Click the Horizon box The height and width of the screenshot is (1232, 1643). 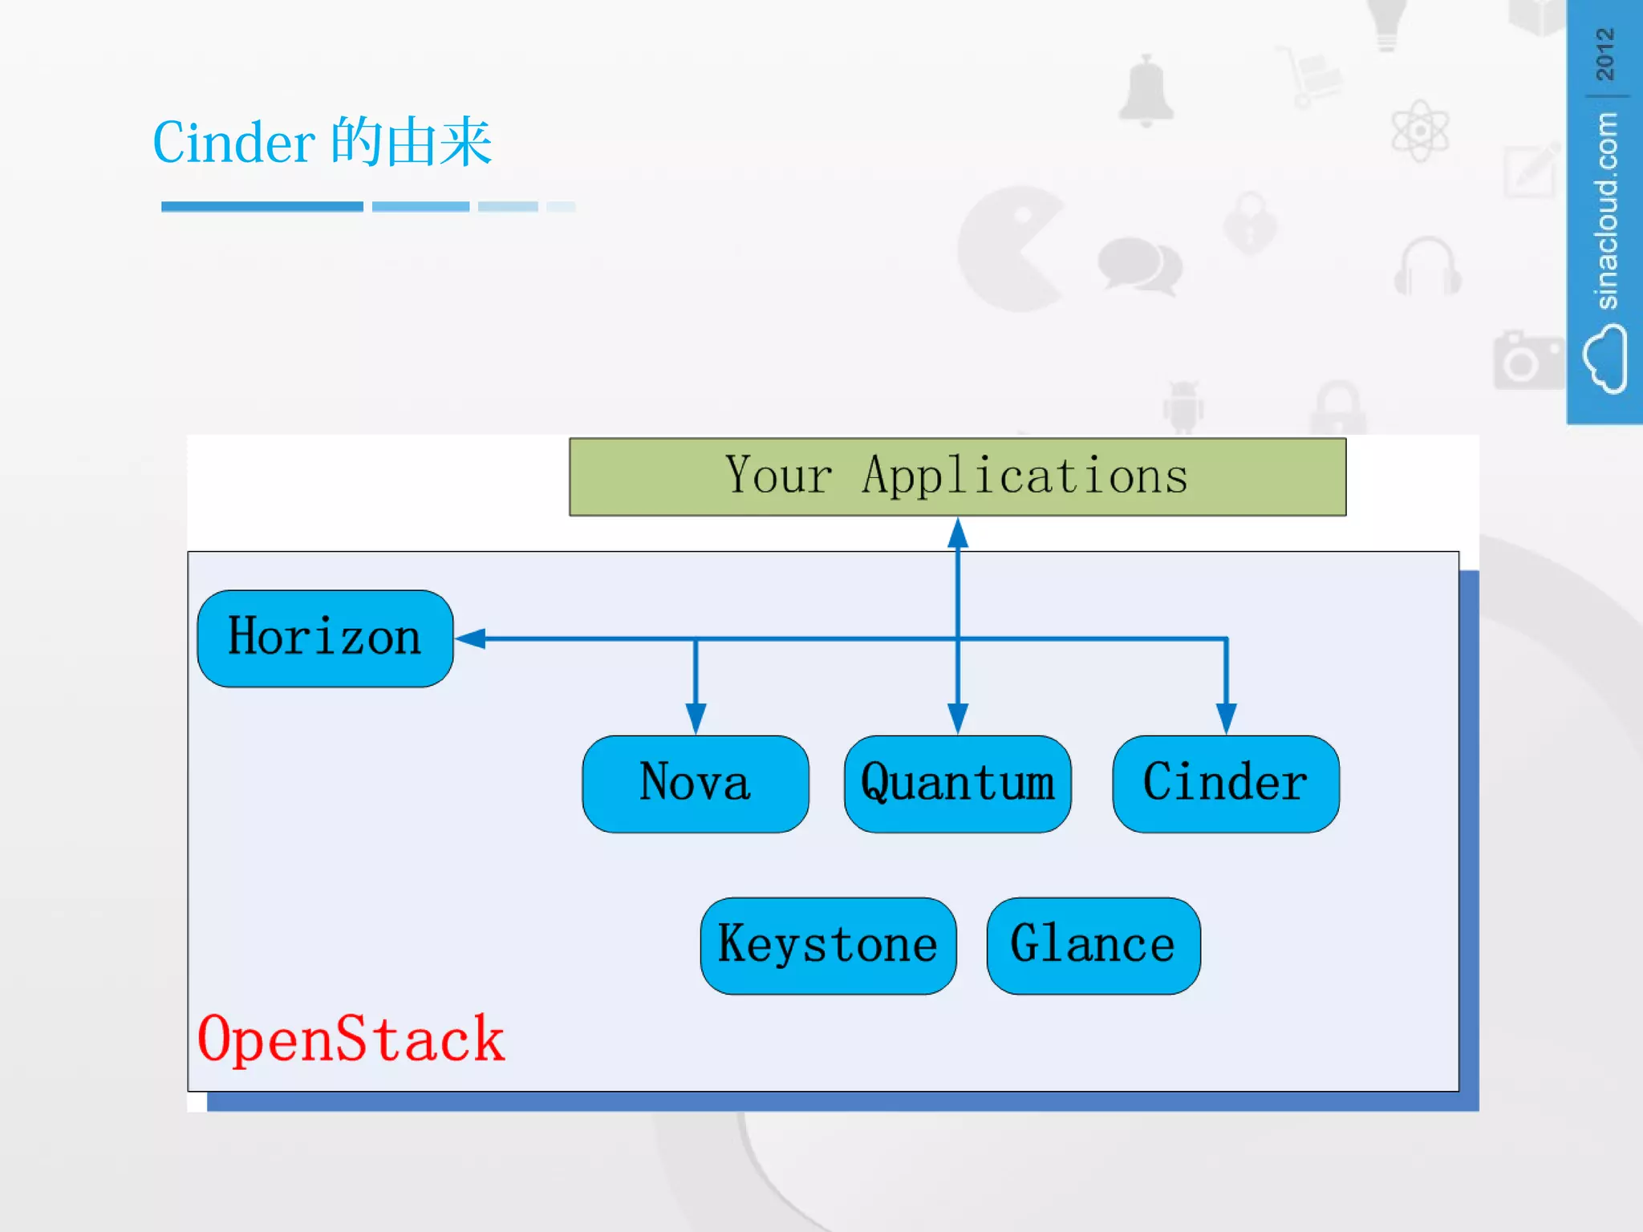pos(325,638)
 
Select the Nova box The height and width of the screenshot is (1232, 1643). pos(695,784)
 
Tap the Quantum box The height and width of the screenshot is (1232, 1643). pos(957,784)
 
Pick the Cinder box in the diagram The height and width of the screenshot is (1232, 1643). pos(1225,784)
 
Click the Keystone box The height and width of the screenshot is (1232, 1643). pos(827,946)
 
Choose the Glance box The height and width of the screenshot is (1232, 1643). pos(1093,946)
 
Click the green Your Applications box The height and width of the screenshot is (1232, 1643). pos(957,476)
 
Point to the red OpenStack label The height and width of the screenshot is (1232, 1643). pos(351,1039)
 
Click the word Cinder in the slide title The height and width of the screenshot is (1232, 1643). pos(233,143)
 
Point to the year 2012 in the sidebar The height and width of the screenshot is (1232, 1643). pos(1604,54)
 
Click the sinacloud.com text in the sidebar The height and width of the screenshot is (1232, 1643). pos(1605,210)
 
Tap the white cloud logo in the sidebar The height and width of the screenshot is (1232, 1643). pos(1604,358)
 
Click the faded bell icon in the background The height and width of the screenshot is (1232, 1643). pos(1146,91)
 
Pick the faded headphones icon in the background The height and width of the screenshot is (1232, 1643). pos(1427,267)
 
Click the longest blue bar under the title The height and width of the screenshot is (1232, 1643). pos(262,207)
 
